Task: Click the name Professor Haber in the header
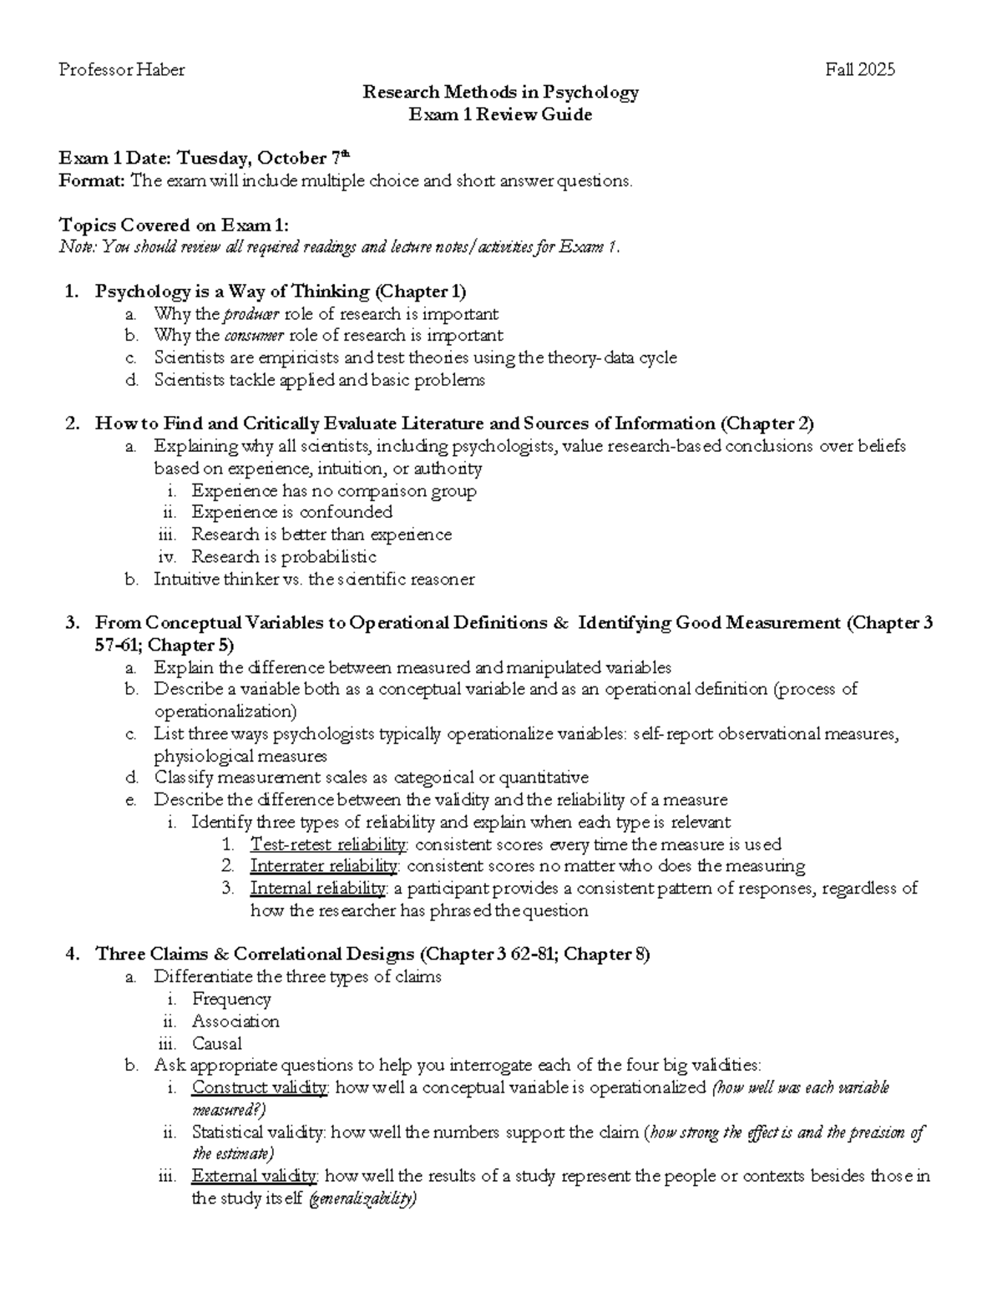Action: pos(122,70)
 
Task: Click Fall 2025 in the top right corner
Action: pos(860,70)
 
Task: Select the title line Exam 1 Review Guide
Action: pos(499,114)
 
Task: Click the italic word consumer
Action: pos(254,336)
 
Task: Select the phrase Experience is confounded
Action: pos(291,512)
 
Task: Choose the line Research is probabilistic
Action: pos(284,556)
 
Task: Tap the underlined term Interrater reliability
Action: pos(324,865)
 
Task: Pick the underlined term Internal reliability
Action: pos(317,888)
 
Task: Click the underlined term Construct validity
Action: pos(260,1087)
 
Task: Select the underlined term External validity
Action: pos(254,1176)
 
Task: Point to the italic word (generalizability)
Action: pos(362,1199)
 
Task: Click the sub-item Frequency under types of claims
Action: pos(231,999)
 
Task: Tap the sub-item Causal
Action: pos(216,1043)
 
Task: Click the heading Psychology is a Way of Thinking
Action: pos(232,291)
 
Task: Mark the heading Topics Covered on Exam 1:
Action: pos(175,225)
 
